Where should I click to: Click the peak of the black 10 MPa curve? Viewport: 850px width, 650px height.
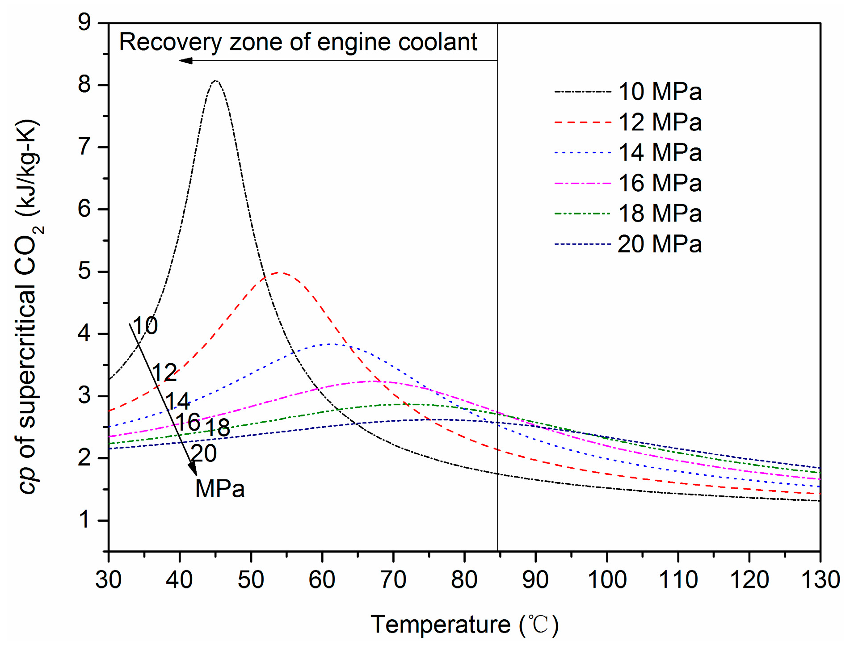[x=216, y=81]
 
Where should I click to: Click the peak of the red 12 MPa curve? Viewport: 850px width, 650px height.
[x=279, y=272]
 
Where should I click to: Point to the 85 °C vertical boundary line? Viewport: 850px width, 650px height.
[x=497, y=313]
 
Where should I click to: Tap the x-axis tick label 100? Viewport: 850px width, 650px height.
[x=606, y=580]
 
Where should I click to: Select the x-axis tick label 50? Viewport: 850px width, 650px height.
[x=251, y=580]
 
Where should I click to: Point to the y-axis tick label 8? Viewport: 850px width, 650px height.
[x=84, y=84]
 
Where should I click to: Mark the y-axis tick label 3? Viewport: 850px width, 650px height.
[x=84, y=396]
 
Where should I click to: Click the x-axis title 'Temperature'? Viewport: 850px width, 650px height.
[x=440, y=624]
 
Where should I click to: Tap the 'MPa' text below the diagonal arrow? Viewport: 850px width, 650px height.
[x=220, y=489]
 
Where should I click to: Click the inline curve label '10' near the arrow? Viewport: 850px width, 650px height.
[x=145, y=326]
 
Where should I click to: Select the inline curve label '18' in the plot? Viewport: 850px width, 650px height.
[x=218, y=428]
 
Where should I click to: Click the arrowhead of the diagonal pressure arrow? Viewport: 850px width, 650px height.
[x=193, y=470]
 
